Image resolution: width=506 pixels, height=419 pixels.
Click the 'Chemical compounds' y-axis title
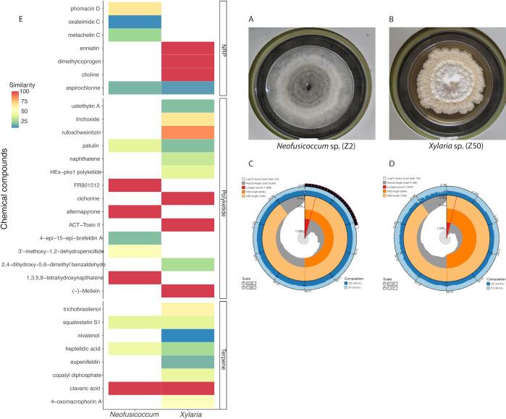[x=7, y=195]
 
